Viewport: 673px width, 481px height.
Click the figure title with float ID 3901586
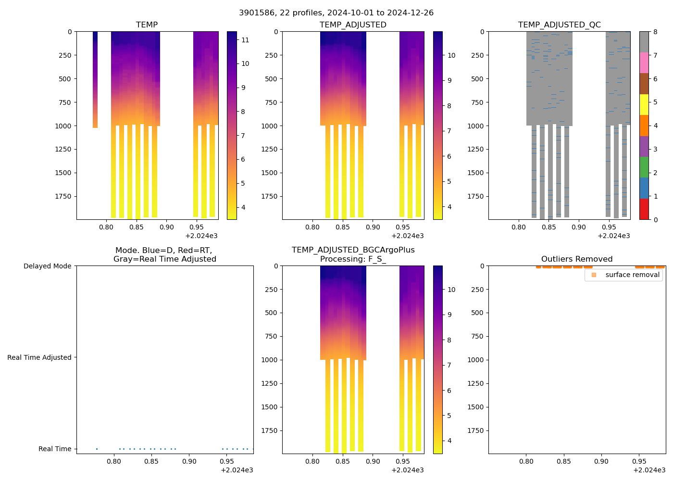[336, 13]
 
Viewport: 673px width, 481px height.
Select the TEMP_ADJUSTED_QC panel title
[559, 25]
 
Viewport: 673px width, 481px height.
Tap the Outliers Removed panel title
[576, 259]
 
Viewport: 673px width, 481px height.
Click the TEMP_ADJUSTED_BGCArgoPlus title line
[353, 250]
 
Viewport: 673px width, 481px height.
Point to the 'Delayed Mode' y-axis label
[47, 266]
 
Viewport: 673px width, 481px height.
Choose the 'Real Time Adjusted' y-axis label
[39, 357]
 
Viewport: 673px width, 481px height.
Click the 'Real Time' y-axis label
[55, 449]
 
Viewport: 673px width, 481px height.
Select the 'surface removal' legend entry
[632, 275]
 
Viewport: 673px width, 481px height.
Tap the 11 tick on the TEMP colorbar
[245, 40]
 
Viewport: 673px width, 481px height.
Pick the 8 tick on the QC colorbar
[655, 32]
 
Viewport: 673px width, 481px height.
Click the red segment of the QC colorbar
[644, 209]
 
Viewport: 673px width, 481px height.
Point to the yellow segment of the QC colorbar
[644, 105]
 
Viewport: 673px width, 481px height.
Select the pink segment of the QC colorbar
[644, 63]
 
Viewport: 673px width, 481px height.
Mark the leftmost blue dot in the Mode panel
[97, 449]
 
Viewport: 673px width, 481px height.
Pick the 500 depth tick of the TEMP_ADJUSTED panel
[270, 79]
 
